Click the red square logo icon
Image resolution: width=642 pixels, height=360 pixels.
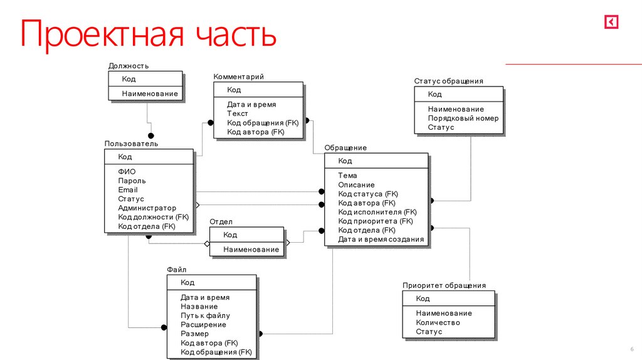611,23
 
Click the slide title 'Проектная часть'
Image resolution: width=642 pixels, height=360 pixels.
148,35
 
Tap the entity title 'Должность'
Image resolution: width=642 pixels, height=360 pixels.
129,66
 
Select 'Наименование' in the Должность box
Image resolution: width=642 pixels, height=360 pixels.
150,94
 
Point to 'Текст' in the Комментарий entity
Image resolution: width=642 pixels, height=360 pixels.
238,114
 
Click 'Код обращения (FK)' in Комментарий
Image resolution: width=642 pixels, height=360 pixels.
263,123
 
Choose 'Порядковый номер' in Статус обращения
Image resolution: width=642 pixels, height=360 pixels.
463,118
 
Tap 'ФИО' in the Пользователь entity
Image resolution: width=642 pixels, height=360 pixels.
127,171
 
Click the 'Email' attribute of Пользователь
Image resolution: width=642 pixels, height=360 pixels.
128,189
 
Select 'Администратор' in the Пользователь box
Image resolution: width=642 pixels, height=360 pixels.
147,208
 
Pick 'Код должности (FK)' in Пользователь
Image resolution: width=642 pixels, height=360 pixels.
154,217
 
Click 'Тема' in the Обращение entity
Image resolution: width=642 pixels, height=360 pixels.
347,176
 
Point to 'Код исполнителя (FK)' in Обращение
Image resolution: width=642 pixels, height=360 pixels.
377,212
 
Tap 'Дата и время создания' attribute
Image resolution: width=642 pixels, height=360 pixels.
381,239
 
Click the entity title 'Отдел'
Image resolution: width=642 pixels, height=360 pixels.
221,221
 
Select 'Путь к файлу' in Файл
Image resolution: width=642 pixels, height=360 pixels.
206,315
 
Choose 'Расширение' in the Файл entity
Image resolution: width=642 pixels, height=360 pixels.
204,325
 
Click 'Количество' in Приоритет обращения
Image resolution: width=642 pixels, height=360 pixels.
438,322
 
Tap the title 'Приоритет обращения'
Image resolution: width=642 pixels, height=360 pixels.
444,285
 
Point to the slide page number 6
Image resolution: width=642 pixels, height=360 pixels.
631,349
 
